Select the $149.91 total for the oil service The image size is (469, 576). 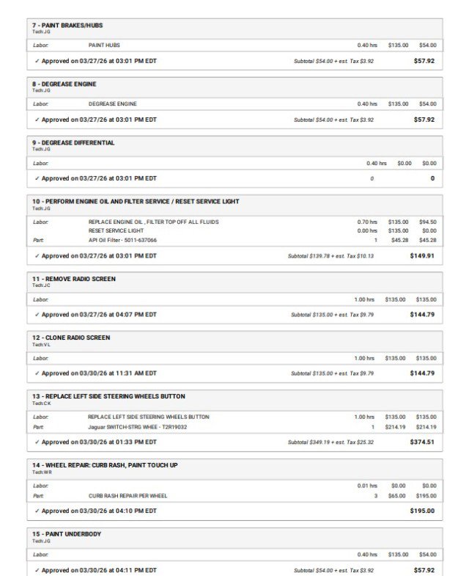(x=422, y=256)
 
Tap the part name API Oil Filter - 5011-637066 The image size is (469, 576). (x=122, y=240)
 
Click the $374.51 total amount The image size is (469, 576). (x=422, y=442)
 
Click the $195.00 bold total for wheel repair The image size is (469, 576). (x=422, y=511)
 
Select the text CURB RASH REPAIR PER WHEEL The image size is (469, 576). (x=128, y=495)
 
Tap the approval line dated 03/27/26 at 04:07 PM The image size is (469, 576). (x=99, y=314)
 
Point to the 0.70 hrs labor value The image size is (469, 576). (x=367, y=222)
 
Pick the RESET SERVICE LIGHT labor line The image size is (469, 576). (x=117, y=230)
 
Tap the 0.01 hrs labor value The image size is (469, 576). (x=367, y=486)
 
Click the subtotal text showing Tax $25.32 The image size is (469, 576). (x=330, y=442)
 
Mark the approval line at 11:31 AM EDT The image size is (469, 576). (x=99, y=373)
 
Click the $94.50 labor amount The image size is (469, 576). (x=427, y=222)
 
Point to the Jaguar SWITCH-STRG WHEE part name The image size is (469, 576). (x=138, y=426)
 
